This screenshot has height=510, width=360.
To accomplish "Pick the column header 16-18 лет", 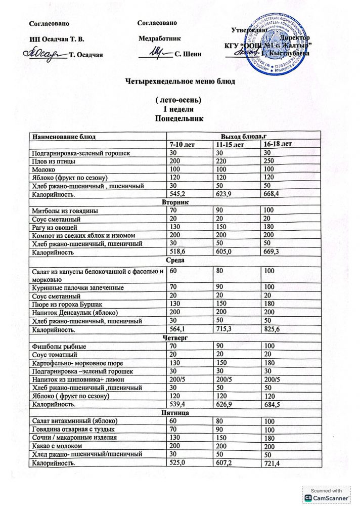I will (278, 144).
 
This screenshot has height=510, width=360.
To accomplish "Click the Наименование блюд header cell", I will (64, 137).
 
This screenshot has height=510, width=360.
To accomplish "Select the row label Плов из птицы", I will (54, 161).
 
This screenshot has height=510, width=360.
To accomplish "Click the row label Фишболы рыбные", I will (59, 347).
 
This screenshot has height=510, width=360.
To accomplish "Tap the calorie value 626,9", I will (226, 405).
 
